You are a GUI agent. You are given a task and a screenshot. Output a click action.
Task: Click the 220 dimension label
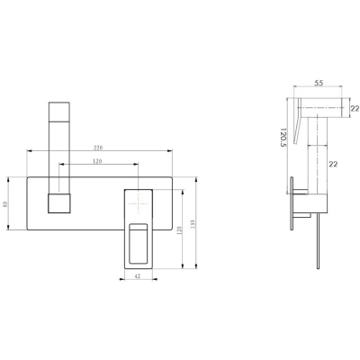98,148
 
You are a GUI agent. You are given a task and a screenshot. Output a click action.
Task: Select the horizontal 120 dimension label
97,161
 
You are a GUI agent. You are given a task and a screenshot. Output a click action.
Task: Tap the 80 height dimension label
4,203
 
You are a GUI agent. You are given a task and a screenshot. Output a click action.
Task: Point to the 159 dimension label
193,224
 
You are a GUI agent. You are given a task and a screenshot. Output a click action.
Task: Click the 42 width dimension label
138,276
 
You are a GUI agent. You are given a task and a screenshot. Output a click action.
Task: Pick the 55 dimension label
319,83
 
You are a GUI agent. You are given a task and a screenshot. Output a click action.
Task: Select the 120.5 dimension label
283,138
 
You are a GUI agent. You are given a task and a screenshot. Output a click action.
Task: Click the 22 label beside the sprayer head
355,109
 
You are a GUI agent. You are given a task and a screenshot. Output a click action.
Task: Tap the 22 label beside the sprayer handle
333,164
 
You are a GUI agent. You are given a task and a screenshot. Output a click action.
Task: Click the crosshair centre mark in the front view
138,203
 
